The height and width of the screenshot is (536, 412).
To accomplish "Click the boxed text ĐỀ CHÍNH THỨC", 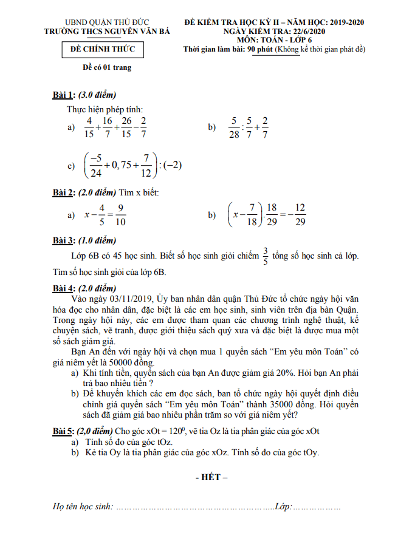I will tap(103, 49).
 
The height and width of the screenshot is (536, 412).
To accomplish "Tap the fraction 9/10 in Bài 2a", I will tap(120, 215).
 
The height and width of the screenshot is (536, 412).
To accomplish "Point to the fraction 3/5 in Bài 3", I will tap(265, 256).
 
